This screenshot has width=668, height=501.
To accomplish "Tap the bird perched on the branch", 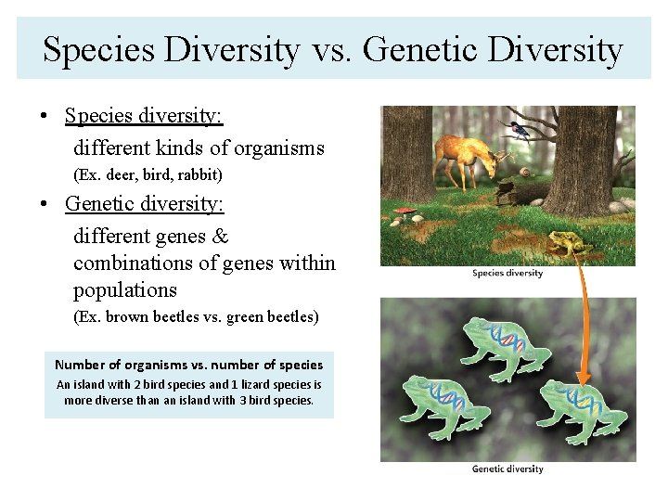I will [516, 129].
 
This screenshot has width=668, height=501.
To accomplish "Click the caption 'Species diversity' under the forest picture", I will [507, 273].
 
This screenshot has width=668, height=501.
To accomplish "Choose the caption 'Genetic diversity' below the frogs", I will [507, 469].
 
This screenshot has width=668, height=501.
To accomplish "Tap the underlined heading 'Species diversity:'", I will [144, 116].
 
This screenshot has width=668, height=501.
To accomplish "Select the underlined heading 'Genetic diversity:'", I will [144, 202].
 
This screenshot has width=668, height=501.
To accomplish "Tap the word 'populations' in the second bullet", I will [124, 289].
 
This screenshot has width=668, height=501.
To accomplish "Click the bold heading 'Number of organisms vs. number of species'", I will [189, 365].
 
